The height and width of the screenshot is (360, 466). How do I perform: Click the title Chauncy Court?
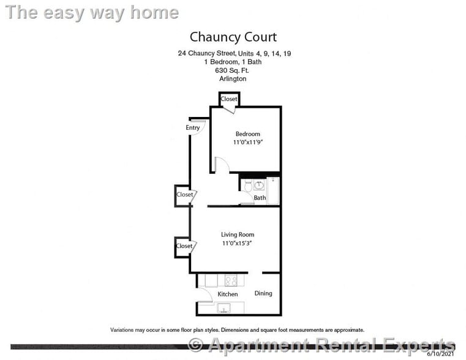click(x=233, y=37)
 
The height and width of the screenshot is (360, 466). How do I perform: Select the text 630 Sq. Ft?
click(x=233, y=70)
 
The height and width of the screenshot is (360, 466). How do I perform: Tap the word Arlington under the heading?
click(x=233, y=79)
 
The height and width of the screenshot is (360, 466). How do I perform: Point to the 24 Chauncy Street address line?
click(x=234, y=54)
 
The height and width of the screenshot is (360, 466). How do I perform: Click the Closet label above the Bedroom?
click(x=229, y=99)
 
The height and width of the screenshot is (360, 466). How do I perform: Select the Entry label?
click(x=193, y=127)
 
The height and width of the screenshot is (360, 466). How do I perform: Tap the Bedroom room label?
click(x=247, y=134)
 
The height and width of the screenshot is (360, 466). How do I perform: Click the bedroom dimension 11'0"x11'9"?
click(x=247, y=143)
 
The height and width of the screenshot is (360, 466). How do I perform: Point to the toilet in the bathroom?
click(x=247, y=185)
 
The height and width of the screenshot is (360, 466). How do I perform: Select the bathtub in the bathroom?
click(x=274, y=190)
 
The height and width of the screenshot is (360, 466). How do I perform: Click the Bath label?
click(x=260, y=198)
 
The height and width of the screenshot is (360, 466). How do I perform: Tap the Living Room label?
click(x=238, y=234)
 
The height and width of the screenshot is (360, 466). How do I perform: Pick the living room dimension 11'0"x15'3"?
click(x=238, y=243)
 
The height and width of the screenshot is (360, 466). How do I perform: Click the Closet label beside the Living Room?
click(x=184, y=246)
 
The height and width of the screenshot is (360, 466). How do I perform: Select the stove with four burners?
click(x=231, y=281)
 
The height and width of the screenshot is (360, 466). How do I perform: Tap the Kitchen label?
click(x=228, y=294)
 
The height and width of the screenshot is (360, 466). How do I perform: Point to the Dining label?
click(x=263, y=293)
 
